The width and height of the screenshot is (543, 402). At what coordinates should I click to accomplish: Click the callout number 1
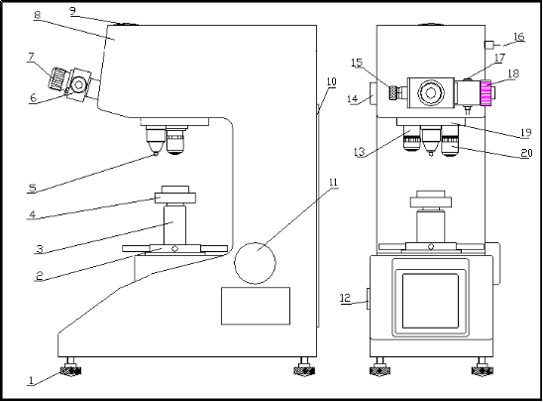coord(31,380)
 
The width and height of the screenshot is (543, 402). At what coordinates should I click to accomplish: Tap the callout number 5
coord(33,188)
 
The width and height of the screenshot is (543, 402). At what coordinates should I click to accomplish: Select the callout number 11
coord(333,183)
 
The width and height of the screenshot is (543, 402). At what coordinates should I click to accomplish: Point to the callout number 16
coord(519,37)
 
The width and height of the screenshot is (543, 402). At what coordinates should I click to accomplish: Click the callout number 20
coord(526,153)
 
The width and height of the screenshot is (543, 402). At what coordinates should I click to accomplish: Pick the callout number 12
coord(346,298)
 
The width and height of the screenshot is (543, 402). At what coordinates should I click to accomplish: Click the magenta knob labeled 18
coord(486,92)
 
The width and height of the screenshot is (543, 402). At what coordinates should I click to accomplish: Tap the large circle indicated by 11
coord(255,263)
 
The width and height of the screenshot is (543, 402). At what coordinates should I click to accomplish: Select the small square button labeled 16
coord(489,45)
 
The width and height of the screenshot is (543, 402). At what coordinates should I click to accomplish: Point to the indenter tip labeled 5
coord(156,154)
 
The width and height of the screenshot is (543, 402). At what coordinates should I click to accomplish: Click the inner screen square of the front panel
coord(430,301)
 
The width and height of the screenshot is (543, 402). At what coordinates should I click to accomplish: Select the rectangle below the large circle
coord(256,306)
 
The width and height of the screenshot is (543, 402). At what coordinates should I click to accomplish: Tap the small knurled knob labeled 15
coord(393,92)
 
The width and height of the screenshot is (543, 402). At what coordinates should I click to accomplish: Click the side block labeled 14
coord(373,93)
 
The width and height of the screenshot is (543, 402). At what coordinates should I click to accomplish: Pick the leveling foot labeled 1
coord(70,368)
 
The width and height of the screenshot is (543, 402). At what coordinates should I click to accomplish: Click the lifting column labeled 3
coord(174,224)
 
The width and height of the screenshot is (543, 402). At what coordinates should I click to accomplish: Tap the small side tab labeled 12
coord(369,299)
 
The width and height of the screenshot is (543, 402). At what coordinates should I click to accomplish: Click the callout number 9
coord(72,11)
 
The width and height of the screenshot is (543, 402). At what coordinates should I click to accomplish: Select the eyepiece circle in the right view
coord(431,93)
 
